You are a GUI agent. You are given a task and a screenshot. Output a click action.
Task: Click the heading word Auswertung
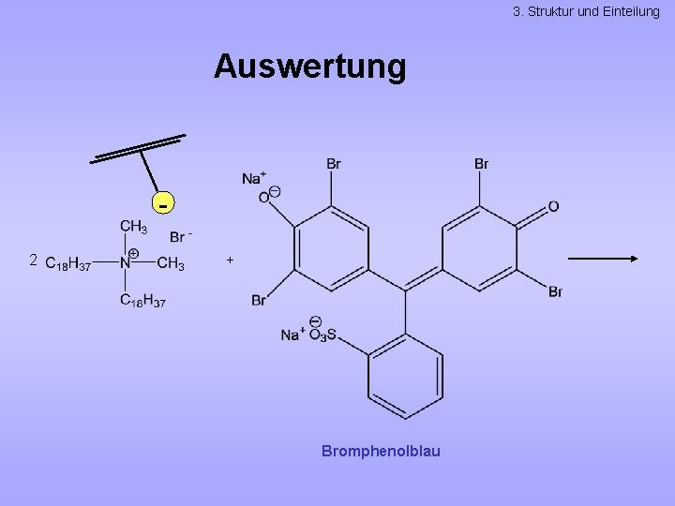310,67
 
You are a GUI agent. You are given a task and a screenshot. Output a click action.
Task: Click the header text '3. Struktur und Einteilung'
587,11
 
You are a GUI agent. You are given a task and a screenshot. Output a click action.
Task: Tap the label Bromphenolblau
381,452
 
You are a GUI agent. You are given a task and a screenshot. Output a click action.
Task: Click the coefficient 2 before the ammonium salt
33,260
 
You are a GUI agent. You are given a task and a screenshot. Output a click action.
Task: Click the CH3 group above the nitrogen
133,227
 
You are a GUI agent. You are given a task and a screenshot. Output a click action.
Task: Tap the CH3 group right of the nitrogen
170,263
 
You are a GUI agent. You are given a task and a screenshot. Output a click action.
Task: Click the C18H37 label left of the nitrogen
68,264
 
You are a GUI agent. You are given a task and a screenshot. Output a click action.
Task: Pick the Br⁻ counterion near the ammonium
181,237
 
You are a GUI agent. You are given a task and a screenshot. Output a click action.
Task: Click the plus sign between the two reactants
230,260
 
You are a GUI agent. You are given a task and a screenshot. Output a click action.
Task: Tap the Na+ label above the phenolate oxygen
254,178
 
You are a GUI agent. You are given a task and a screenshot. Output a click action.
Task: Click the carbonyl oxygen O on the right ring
553,206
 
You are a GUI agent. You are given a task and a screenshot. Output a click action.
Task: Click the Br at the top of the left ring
334,164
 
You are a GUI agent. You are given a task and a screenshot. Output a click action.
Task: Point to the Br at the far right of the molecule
555,292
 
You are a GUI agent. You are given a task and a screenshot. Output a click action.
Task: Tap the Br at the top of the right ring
481,164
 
